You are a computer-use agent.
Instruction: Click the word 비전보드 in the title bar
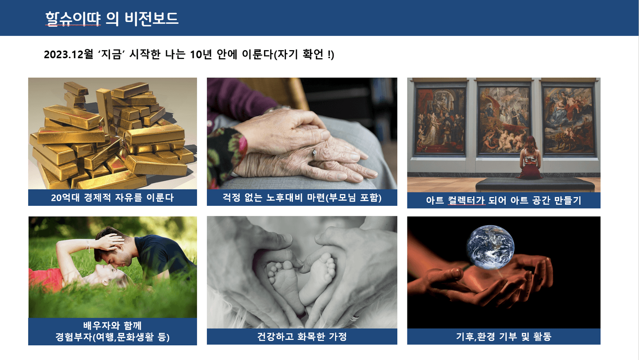click(151, 19)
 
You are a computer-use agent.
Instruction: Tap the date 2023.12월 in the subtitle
click(69, 54)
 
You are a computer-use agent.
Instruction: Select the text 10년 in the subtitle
click(201, 54)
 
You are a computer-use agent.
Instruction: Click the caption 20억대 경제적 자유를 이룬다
click(113, 198)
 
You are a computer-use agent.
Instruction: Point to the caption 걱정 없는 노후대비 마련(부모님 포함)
click(302, 197)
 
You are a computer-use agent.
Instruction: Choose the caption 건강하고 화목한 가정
click(302, 336)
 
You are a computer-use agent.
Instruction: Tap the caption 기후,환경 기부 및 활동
click(504, 336)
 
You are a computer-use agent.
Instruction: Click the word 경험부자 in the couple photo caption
click(74, 337)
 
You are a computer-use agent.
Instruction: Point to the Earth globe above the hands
click(490, 247)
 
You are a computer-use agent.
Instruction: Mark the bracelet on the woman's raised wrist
click(88, 246)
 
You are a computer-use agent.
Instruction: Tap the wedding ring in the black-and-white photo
click(355, 318)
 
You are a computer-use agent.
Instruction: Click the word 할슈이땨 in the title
click(73, 19)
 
